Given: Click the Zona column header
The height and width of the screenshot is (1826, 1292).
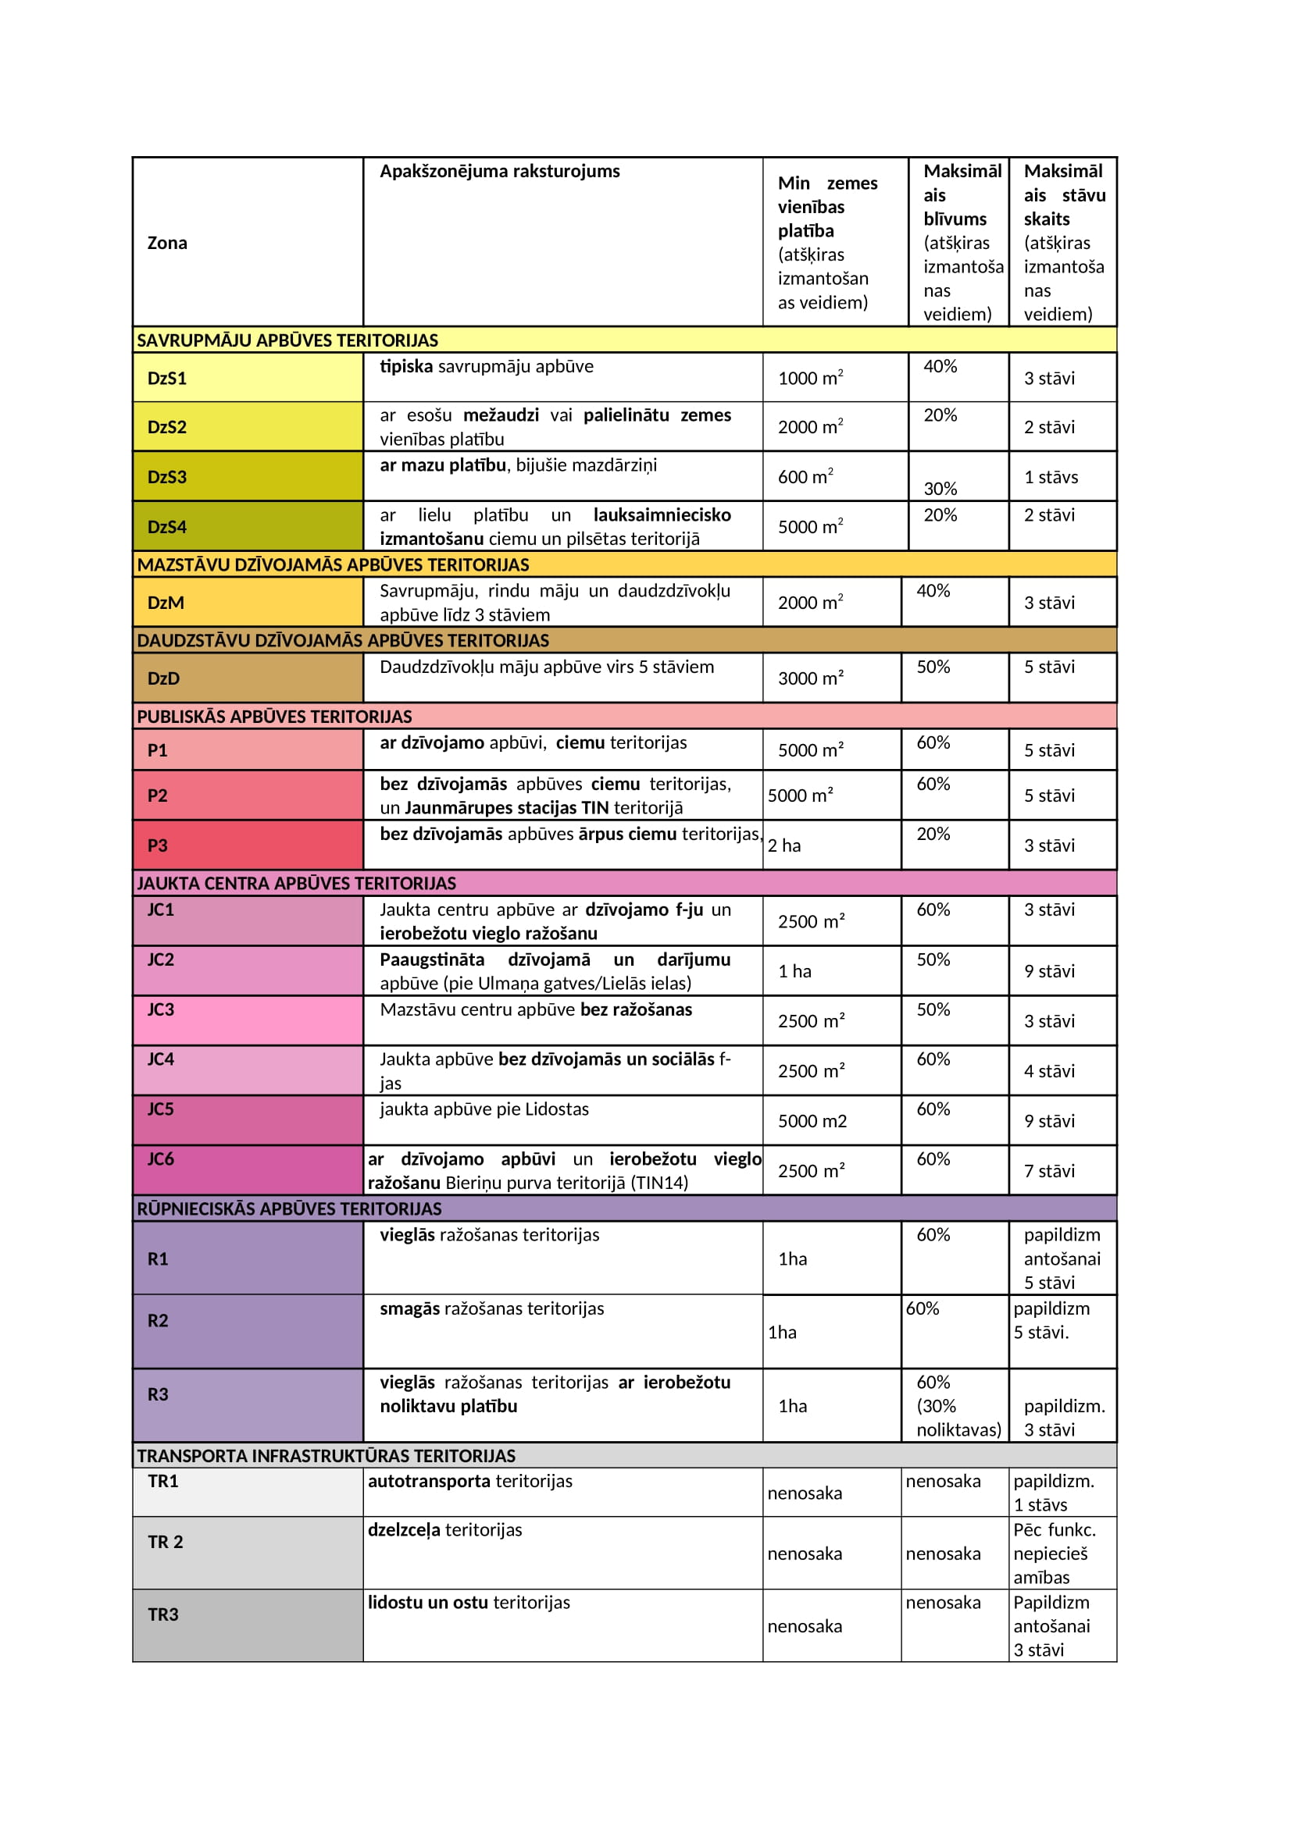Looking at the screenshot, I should pyautogui.click(x=167, y=244).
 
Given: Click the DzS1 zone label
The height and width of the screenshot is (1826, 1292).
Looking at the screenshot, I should pyautogui.click(x=167, y=379).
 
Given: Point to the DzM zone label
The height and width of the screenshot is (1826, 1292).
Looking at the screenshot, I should pyautogui.click(x=166, y=603).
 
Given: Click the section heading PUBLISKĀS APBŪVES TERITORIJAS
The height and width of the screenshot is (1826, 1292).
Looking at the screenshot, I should pyautogui.click(x=274, y=717).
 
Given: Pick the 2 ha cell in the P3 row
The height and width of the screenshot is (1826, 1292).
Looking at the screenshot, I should pyautogui.click(x=783, y=845).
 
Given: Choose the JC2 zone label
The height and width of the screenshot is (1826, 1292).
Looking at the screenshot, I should pyautogui.click(x=161, y=960).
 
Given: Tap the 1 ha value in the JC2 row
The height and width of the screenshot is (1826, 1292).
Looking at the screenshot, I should pyautogui.click(x=794, y=971).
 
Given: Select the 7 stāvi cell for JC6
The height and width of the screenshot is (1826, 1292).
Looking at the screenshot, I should pyautogui.click(x=1048, y=1171).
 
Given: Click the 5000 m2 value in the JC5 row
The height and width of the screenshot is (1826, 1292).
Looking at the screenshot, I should pyautogui.click(x=812, y=1120).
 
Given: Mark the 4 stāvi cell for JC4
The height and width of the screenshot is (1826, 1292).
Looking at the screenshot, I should pyautogui.click(x=1048, y=1071).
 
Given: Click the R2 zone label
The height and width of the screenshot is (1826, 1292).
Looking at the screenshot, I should pyautogui.click(x=158, y=1321).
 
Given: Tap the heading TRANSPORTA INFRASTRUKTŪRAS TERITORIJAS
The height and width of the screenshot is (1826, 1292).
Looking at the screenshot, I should pyautogui.click(x=327, y=1456).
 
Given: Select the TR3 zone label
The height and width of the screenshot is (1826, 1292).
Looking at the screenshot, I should pyautogui.click(x=163, y=1614).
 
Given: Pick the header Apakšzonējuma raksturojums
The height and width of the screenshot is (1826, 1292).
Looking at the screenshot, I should pyautogui.click(x=499, y=172).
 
